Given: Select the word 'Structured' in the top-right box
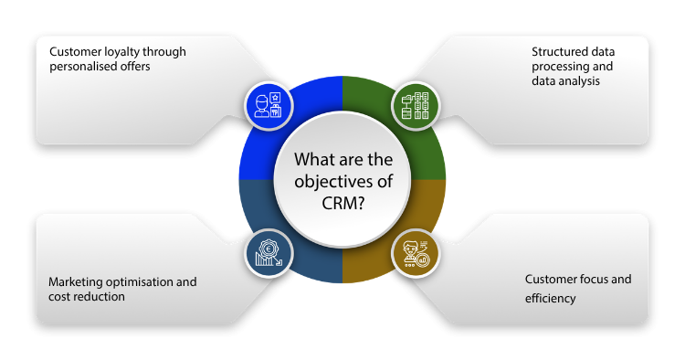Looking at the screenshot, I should click(x=560, y=51).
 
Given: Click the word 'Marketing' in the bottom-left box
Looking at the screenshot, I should click(x=74, y=281).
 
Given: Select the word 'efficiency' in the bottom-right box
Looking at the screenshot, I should click(x=550, y=298).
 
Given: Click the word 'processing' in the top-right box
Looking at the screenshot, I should click(x=559, y=67).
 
